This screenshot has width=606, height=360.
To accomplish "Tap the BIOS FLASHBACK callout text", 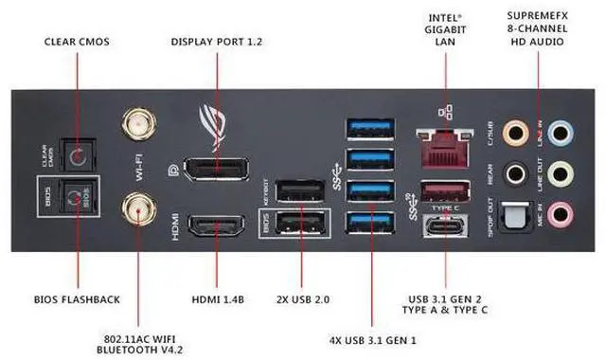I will [x=78, y=299].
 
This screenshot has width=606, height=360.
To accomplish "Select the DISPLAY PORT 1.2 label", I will [x=216, y=42].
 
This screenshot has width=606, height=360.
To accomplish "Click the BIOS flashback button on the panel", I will [x=72, y=198].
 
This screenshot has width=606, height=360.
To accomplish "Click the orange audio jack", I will [x=517, y=134].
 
